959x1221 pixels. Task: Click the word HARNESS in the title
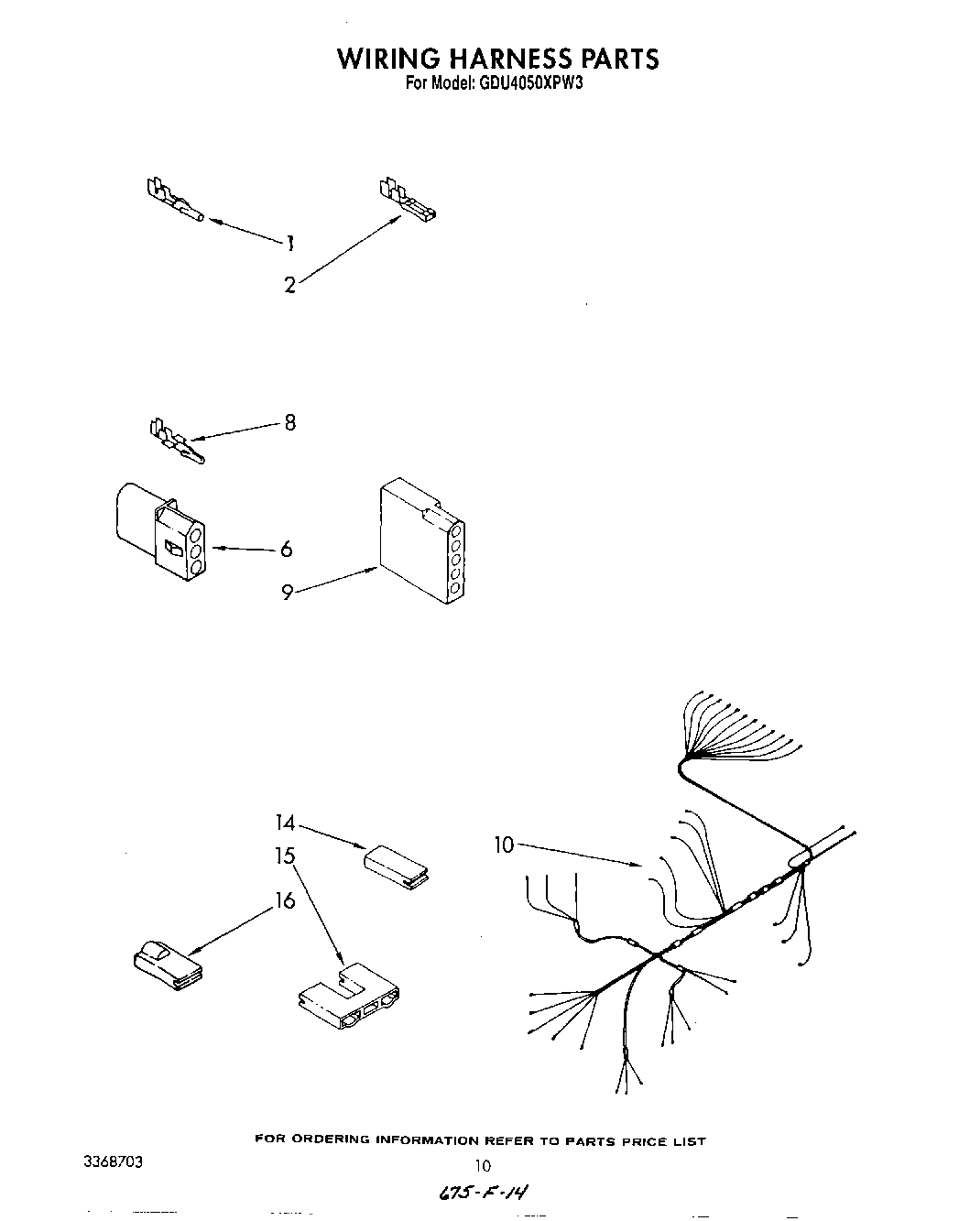pyautogui.click(x=507, y=59)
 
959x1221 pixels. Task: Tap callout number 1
pyautogui.click(x=289, y=243)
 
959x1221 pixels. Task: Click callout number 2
pyautogui.click(x=289, y=285)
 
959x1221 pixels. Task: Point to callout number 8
pyautogui.click(x=289, y=423)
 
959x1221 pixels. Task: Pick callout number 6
pyautogui.click(x=287, y=549)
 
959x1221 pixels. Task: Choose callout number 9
pyautogui.click(x=287, y=593)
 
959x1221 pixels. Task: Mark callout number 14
pyautogui.click(x=285, y=823)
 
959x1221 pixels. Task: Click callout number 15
pyautogui.click(x=285, y=856)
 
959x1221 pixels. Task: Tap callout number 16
pyautogui.click(x=285, y=901)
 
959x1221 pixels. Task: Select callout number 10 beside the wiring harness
pyautogui.click(x=505, y=845)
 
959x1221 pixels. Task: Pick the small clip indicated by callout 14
pyautogui.click(x=397, y=867)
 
